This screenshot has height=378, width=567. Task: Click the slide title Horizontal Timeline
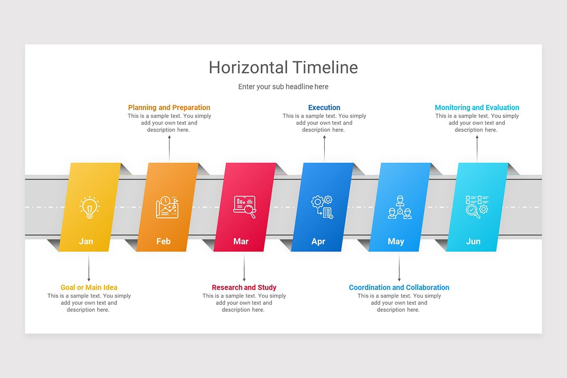pyautogui.click(x=283, y=68)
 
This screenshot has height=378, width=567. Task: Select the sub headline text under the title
pyautogui.click(x=283, y=87)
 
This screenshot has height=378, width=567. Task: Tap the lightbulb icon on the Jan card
pyautogui.click(x=89, y=207)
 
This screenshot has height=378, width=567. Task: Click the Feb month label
pyautogui.click(x=163, y=241)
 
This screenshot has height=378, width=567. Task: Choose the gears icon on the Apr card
pyautogui.click(x=322, y=207)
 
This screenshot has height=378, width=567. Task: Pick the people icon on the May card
pyautogui.click(x=400, y=207)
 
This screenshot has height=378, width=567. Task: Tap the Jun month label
pyautogui.click(x=473, y=241)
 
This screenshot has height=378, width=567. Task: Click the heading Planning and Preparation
pyautogui.click(x=169, y=108)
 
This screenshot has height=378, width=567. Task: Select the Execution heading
pyautogui.click(x=324, y=108)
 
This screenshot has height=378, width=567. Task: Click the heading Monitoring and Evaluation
pyautogui.click(x=477, y=108)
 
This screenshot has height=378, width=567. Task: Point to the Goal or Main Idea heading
pyautogui.click(x=89, y=287)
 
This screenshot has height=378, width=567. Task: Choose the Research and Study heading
pyautogui.click(x=244, y=287)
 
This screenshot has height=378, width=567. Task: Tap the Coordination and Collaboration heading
pyautogui.click(x=399, y=287)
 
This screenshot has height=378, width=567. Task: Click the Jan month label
pyautogui.click(x=86, y=241)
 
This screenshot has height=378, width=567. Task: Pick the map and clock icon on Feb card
pyautogui.click(x=167, y=207)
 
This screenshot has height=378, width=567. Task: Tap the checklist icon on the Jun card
pyautogui.click(x=477, y=207)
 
